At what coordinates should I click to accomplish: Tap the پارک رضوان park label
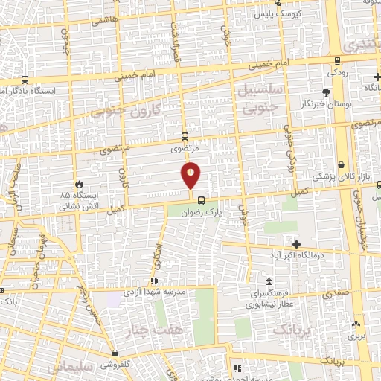pos(199,211)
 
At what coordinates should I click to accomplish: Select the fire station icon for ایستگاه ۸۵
pos(80,183)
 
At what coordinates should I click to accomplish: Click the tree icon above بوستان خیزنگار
pos(326,92)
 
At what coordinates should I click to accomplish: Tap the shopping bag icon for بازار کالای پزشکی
pos(342,165)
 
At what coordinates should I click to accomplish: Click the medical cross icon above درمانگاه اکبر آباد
pos(297,244)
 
